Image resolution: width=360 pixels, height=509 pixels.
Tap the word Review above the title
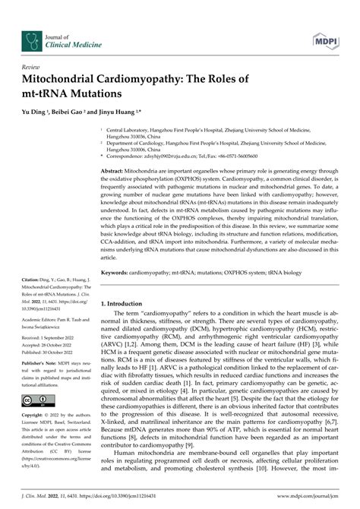[32, 67]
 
